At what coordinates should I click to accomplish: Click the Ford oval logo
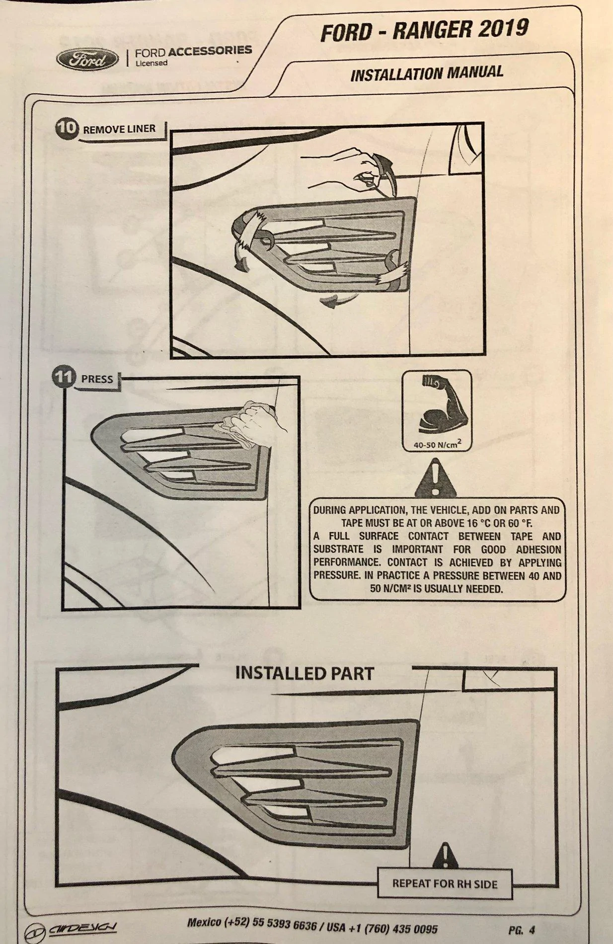click(87, 60)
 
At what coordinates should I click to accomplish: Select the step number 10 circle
click(67, 129)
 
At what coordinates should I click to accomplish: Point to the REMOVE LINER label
click(119, 130)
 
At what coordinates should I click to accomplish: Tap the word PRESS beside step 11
click(97, 379)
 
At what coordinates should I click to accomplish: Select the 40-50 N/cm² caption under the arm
click(438, 444)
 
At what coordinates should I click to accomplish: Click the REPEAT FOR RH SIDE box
click(445, 884)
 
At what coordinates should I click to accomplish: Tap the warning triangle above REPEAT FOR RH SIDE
click(446, 855)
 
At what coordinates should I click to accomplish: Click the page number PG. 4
click(522, 930)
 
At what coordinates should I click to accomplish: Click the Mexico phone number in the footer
click(252, 924)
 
